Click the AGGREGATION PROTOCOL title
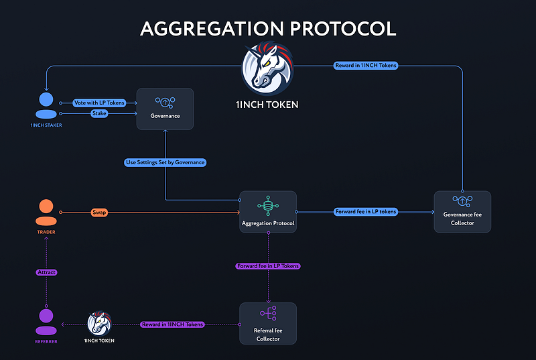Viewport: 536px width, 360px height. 268,28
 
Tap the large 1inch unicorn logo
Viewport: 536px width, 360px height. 268,69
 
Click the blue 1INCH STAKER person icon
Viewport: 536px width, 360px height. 46,106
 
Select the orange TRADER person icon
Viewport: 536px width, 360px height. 46,213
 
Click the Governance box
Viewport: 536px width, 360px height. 165,109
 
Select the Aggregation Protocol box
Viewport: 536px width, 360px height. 268,212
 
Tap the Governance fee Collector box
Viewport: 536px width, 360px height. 462,212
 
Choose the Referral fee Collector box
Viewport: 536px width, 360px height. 268,323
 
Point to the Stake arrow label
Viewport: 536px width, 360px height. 98,114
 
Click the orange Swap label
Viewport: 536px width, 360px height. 98,212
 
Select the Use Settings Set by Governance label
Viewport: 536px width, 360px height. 165,162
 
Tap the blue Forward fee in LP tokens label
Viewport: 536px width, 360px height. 365,212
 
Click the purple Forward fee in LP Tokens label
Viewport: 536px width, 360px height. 268,266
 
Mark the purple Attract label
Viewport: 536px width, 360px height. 46,273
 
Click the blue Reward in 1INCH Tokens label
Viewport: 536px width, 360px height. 365,65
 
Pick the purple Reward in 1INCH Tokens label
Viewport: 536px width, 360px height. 172,324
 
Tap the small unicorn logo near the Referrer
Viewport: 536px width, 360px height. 99,323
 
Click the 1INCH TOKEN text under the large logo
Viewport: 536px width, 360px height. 268,105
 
